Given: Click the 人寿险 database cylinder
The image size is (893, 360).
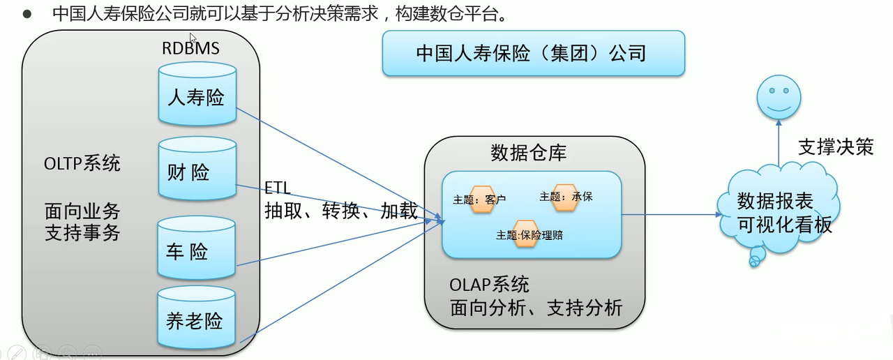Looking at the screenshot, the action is tap(197, 94).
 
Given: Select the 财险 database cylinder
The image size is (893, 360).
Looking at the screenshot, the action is tap(197, 169).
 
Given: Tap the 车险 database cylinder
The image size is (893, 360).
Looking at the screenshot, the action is tap(197, 248).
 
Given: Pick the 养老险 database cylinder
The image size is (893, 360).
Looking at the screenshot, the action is tap(197, 317).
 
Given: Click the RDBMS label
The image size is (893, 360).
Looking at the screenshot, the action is tap(190, 48).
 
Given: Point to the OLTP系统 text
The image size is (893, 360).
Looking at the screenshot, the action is tap(82, 163).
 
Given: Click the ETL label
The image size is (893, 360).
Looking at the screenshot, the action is tap(278, 188).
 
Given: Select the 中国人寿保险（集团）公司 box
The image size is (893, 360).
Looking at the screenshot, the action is tap(534, 54).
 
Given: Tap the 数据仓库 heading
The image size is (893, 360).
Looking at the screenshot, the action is tap(528, 153).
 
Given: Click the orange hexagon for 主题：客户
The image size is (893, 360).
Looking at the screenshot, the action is tap(482, 199).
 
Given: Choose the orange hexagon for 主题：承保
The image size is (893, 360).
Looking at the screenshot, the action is tap(565, 197).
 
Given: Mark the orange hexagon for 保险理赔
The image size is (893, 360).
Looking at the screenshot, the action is tap(526, 234).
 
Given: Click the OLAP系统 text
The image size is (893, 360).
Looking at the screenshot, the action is tap(489, 285).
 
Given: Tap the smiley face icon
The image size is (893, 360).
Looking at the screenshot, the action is tap(779, 97).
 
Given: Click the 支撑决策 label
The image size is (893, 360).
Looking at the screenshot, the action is tap(836, 147).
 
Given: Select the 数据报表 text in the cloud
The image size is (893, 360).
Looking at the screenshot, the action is tap(775, 201).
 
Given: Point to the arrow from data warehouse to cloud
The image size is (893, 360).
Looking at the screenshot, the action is tap(672, 214).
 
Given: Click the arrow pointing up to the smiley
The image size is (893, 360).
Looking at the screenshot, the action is tap(779, 143).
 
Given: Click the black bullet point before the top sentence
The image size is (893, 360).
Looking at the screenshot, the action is tap(27, 15).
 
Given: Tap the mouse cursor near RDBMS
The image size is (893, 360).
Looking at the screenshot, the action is tap(193, 38).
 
